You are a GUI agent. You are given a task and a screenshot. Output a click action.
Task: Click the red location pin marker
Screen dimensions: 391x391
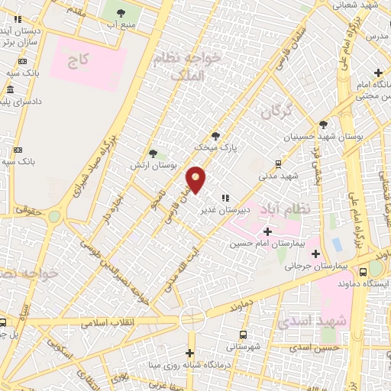(196, 180)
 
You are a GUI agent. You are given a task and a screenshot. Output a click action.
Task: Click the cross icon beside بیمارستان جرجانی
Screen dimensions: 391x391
(315, 253)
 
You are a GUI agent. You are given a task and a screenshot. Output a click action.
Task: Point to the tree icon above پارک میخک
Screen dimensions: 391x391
(215, 134)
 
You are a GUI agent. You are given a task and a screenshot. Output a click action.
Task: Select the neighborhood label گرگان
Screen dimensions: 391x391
(276, 112)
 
